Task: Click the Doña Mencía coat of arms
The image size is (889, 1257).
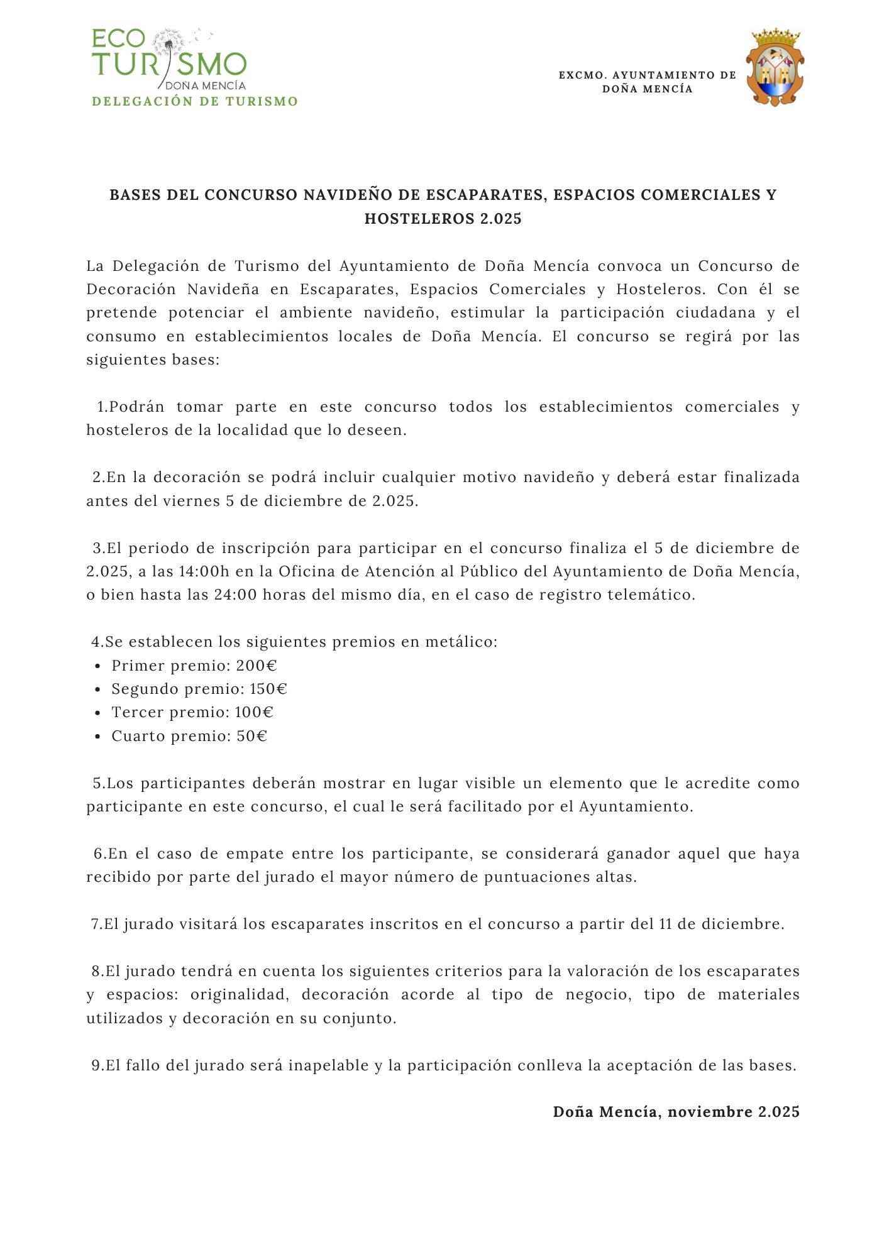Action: [x=775, y=67]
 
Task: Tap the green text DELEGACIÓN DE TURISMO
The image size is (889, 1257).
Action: [x=195, y=102]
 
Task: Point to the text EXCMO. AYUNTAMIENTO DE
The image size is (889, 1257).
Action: [x=648, y=75]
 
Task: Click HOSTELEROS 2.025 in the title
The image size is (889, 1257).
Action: [x=443, y=219]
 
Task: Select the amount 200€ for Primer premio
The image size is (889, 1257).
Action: [x=257, y=666]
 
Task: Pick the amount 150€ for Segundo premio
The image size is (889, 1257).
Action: [x=268, y=689]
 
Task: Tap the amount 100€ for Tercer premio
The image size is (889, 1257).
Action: [x=254, y=712]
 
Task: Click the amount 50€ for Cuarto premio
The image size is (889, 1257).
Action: [x=252, y=736]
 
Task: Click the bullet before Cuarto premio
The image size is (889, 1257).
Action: [x=97, y=737]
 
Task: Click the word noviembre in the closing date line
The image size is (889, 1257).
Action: [x=710, y=1112]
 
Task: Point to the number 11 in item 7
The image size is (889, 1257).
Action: [x=665, y=924]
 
